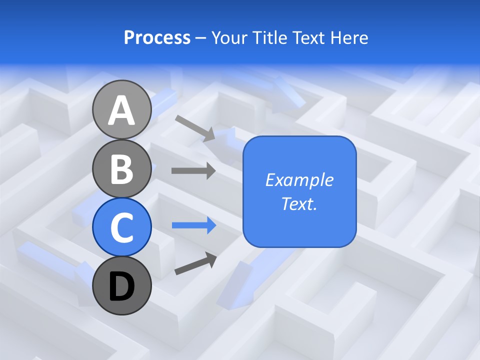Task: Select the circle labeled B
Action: (121, 168)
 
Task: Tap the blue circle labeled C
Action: (121, 227)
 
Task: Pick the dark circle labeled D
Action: (121, 285)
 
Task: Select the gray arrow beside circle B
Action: (193, 171)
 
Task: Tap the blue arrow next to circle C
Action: (194, 225)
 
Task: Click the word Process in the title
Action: (157, 38)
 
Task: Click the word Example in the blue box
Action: (299, 180)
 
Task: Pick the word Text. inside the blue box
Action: (299, 203)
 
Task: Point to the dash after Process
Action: (201, 38)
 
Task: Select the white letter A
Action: (121, 111)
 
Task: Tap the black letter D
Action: (121, 287)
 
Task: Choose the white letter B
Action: (121, 169)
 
